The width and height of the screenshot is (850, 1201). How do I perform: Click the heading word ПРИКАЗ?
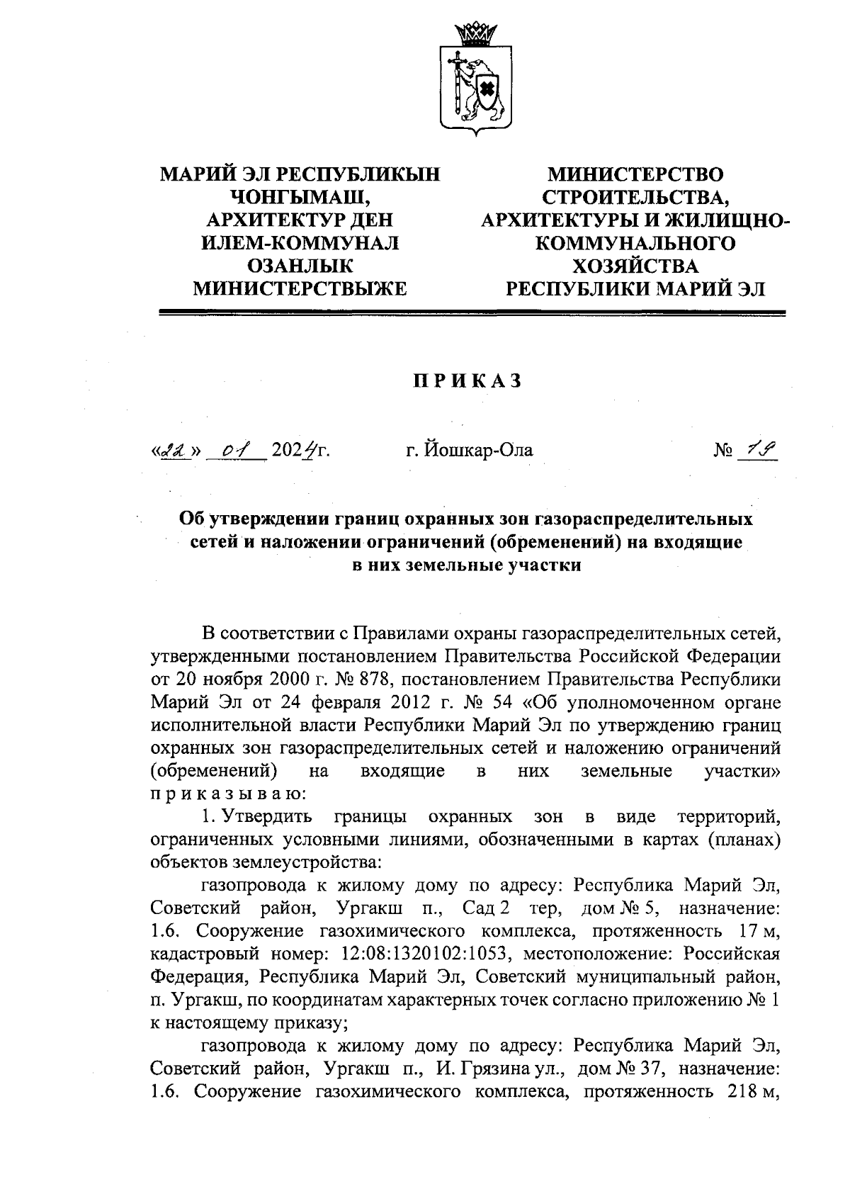point(467,380)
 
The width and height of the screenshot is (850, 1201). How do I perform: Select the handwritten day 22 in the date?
point(173,449)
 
